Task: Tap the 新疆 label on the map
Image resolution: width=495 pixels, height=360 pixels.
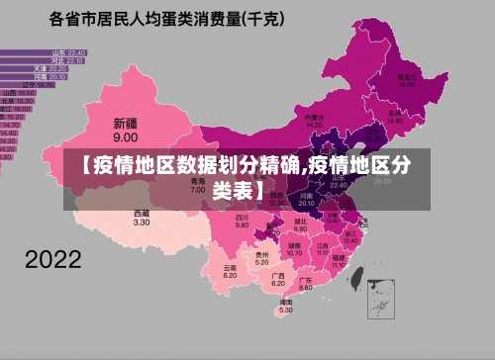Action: pyautogui.click(x=125, y=124)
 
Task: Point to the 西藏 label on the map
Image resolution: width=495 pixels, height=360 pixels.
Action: pyautogui.click(x=142, y=213)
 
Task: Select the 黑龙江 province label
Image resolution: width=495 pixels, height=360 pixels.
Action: pyautogui.click(x=405, y=76)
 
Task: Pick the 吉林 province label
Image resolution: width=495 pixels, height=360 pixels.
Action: pyautogui.click(x=396, y=113)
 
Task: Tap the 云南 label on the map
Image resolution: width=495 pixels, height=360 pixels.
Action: pyautogui.click(x=230, y=267)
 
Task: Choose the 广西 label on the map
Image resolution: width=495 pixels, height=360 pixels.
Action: pyautogui.click(x=277, y=276)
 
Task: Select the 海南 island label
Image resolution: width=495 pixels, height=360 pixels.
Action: pyautogui.click(x=285, y=302)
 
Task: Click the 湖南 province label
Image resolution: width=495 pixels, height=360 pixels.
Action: pyautogui.click(x=294, y=243)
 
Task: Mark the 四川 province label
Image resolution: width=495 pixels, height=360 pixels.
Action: pyautogui.click(x=242, y=217)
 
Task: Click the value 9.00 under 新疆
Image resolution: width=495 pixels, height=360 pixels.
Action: pyautogui.click(x=125, y=137)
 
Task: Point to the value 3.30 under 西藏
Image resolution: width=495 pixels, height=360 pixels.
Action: pyautogui.click(x=142, y=223)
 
